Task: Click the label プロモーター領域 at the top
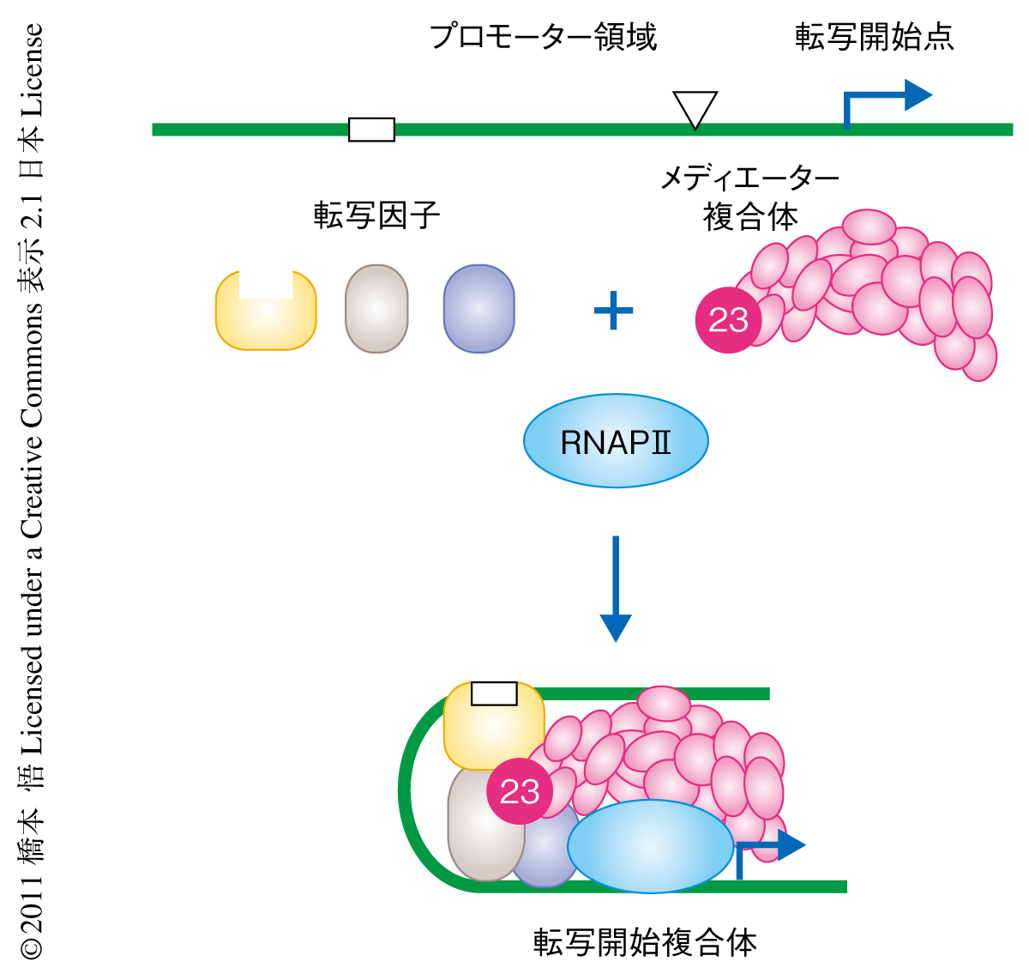542,37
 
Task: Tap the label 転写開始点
874,37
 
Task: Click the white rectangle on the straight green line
371,130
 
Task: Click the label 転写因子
376,215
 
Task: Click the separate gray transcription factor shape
376,309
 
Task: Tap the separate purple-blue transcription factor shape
478,309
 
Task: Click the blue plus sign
614,311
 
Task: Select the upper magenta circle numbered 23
728,320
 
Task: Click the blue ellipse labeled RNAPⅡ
616,441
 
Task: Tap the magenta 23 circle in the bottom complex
520,791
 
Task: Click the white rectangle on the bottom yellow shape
494,693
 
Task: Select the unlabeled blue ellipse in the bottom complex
650,846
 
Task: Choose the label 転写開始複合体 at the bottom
645,942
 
